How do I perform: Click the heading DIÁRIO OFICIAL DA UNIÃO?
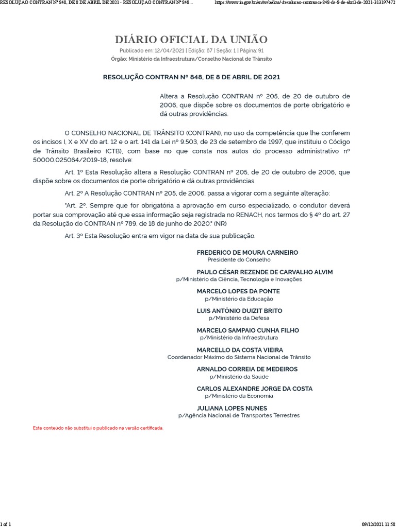coord(191,40)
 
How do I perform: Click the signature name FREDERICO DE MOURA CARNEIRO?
coord(247,253)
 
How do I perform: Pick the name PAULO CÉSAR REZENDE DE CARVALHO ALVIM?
coord(265,272)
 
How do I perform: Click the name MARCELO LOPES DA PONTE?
coord(238,291)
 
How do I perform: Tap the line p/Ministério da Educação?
coord(239,298)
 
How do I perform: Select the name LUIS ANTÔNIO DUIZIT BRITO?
coord(239,311)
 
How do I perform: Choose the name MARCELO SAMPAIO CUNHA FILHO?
coord(247,330)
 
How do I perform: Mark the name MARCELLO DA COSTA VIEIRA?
coord(240,350)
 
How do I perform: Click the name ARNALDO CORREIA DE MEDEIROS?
coord(247,370)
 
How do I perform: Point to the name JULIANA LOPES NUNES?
coord(232,409)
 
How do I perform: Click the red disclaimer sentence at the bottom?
coord(98,428)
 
